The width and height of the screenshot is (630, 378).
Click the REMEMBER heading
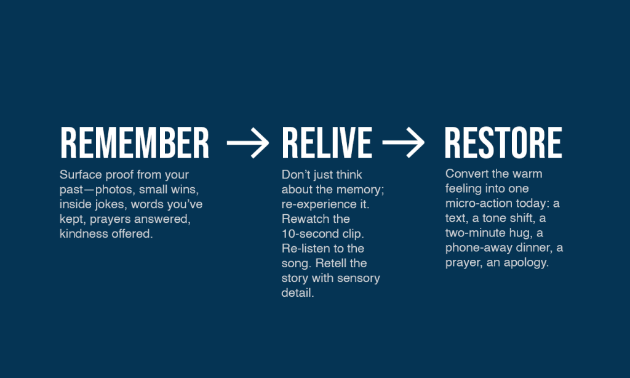pos(135,143)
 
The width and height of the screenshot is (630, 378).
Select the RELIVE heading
pos(327,143)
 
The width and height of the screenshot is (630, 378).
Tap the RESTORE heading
pos(503,143)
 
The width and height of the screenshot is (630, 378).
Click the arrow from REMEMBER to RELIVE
pos(247,143)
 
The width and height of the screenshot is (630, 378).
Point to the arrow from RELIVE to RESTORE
pos(403,143)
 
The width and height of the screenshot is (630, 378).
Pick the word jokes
pos(111,204)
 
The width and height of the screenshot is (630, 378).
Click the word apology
pos(527,263)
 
